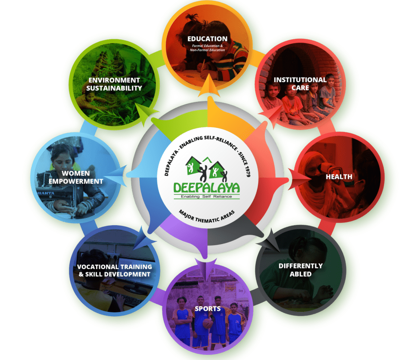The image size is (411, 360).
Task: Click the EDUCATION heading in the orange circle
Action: click(x=208, y=39)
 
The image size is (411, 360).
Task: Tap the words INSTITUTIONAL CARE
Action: click(x=300, y=84)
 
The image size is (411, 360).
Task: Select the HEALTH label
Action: click(x=339, y=177)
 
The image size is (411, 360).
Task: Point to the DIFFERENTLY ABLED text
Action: click(x=300, y=270)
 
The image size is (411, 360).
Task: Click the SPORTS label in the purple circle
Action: click(x=208, y=309)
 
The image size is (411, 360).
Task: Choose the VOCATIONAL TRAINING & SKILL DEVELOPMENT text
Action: click(x=114, y=271)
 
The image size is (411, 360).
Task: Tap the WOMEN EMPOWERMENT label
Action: click(x=76, y=177)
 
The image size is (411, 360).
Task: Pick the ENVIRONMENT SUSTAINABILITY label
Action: click(x=114, y=84)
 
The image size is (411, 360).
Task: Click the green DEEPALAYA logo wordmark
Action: click(x=207, y=188)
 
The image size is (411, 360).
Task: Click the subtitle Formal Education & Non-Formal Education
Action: click(x=208, y=48)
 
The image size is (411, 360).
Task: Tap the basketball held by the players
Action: click(x=208, y=323)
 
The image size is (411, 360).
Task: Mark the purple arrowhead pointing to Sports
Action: click(x=206, y=267)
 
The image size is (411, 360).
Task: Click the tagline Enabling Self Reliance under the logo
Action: click(x=207, y=197)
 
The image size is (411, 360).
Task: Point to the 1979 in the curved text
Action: click(x=247, y=171)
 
